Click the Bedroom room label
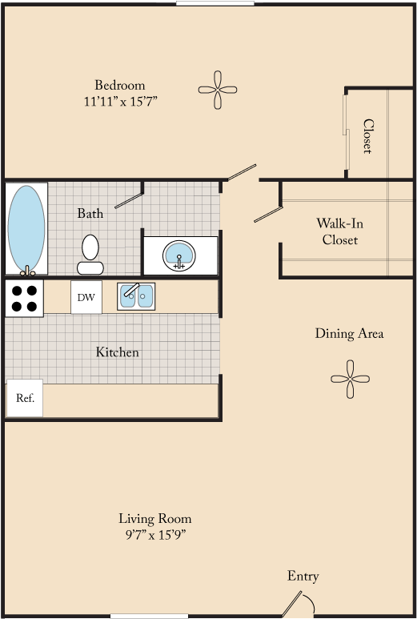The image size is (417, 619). coord(120,85)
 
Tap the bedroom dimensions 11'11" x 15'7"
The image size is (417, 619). coord(120,102)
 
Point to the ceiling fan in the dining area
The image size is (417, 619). coord(350,379)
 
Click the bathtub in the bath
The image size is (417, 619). coord(26,228)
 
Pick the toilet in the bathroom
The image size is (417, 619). coord(90,255)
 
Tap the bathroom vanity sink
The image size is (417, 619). coord(179,255)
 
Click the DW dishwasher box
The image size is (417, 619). coord(86,298)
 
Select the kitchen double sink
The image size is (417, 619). coord(136,296)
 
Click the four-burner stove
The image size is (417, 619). coord(25,298)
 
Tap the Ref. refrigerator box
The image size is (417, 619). coord(25,398)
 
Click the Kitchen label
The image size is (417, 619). coord(118,352)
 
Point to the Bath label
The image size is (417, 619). coord(90,213)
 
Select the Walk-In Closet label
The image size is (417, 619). coord(340,231)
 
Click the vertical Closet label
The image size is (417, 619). coord(367,136)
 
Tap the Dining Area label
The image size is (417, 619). coord(349,333)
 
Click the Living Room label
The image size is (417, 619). coord(155,518)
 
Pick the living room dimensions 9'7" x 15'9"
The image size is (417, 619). coord(155,535)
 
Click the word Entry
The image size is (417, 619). coord(303,576)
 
